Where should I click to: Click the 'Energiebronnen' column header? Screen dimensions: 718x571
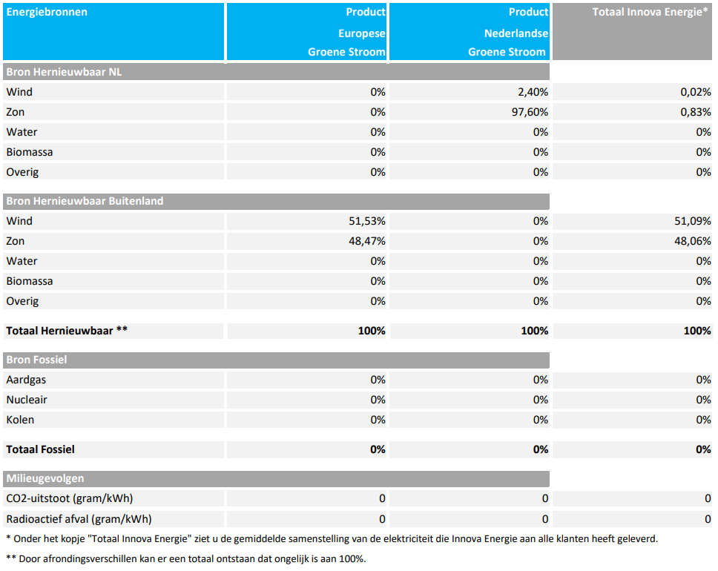coord(47,12)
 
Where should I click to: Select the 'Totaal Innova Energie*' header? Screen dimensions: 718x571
coord(651,12)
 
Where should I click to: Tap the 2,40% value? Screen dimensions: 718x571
coord(533,92)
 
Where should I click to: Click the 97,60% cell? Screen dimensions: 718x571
coord(530,112)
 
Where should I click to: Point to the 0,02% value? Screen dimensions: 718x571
coord(696,92)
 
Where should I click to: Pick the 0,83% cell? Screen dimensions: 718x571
coord(696,112)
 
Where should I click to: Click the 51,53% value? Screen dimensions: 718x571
coord(367,221)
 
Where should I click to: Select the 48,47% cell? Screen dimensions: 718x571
coord(367,241)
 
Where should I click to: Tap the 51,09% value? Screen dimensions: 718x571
coord(693,221)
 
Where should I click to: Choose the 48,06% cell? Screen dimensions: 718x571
coord(693,241)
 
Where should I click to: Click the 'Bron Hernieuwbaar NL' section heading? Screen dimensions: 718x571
coord(64,73)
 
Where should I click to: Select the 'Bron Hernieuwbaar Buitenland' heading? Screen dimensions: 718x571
coord(85,202)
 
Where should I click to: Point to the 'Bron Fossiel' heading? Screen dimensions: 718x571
coord(36,360)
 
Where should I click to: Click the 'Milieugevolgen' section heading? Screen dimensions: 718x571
coord(45,478)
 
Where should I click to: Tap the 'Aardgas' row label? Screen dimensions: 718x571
coord(26,380)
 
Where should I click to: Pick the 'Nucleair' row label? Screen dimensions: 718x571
coord(27,400)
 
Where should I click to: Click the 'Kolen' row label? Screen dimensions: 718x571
coord(20,420)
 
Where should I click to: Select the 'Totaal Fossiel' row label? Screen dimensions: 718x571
coord(40,449)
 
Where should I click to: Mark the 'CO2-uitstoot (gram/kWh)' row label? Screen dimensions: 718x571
coord(70,498)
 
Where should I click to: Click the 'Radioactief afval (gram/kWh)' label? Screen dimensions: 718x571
coord(79,519)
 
